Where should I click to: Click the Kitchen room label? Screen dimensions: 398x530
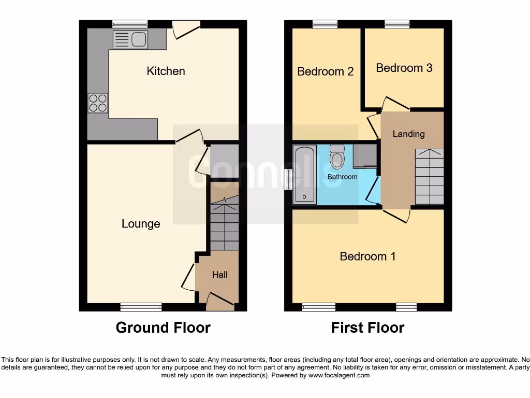coord(166,71)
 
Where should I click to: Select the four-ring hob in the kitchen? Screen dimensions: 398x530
coord(98,102)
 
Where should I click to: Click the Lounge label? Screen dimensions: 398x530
coord(141,224)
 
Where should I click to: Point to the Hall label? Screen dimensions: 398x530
coord(219,275)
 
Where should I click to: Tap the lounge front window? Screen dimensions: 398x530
coord(141,307)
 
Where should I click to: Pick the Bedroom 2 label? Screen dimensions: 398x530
coord(325,72)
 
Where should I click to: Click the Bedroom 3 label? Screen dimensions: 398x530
coord(404,68)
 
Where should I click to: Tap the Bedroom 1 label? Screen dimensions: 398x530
coord(367,256)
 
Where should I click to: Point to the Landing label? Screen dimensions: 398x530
coord(408,134)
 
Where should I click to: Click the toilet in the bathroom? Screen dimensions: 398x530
coord(337,156)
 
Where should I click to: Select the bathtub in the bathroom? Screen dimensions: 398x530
coord(304,174)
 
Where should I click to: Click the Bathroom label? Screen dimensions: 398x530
coord(342,177)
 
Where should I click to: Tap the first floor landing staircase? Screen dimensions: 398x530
coord(430,177)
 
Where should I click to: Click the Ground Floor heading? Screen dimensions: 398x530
coord(163,328)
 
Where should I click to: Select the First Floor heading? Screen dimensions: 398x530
coord(367,328)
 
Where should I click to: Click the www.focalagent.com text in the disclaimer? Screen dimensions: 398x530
coord(339,375)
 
